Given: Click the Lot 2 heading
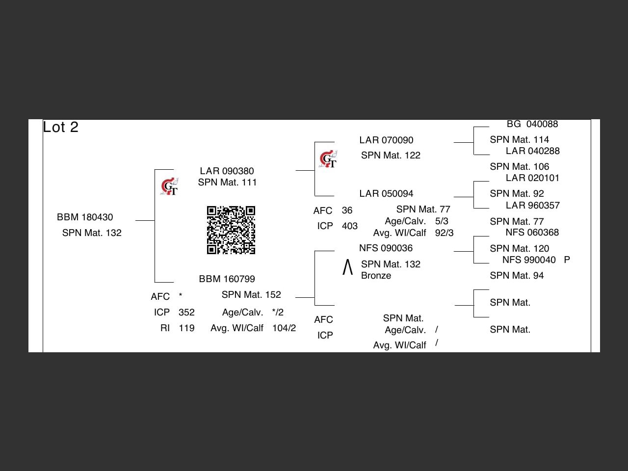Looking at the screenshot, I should (x=60, y=127).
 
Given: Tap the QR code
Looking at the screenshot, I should (x=231, y=230).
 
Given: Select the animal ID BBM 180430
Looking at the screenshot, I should (x=85, y=217).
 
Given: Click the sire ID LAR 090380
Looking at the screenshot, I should (x=227, y=171).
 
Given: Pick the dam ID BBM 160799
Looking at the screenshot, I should (x=227, y=279).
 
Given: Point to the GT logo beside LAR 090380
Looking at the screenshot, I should (x=170, y=186).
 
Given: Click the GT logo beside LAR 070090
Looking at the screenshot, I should (x=328, y=159).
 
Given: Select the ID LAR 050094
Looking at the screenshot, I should (x=386, y=193).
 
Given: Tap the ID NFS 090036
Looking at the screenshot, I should (x=386, y=248).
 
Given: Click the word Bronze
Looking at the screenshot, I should (x=376, y=276).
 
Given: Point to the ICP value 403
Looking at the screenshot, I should (x=350, y=226).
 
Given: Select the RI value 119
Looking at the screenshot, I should (x=186, y=328).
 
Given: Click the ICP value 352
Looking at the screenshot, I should (x=186, y=313).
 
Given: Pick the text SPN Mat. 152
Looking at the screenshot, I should (x=251, y=294).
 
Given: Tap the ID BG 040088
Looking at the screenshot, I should (x=532, y=124).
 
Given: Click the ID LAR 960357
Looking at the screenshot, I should (x=532, y=205).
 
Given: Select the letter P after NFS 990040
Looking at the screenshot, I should (x=567, y=260).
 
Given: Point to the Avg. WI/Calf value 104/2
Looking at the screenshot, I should (x=284, y=328).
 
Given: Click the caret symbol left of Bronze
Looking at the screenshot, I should (x=347, y=267).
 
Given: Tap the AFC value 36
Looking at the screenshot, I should (x=347, y=210).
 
